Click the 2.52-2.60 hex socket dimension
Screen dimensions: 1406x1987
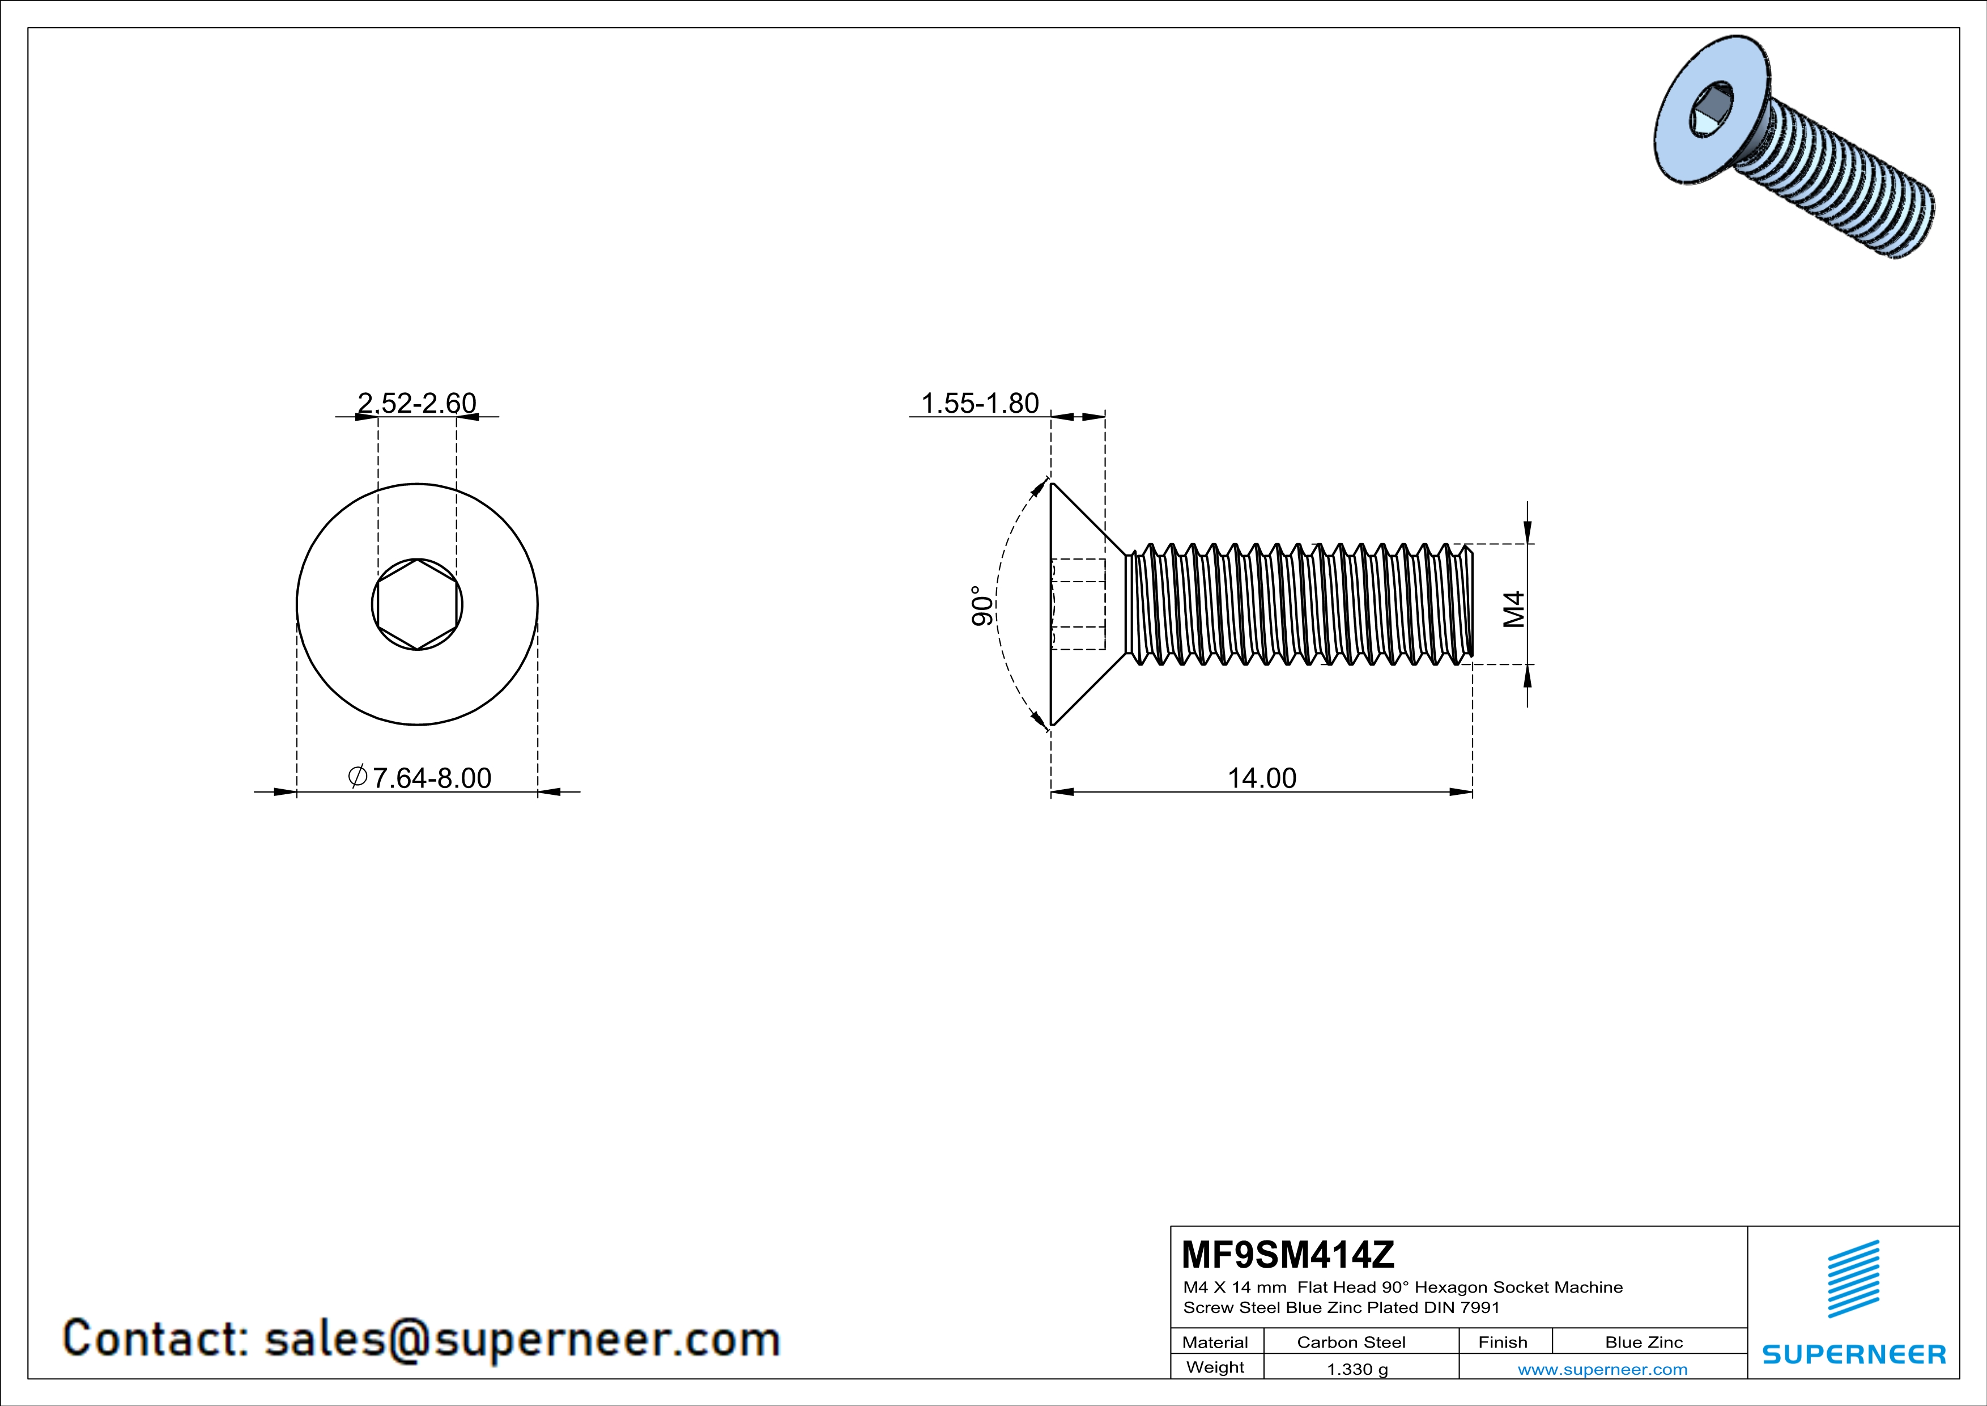pyautogui.click(x=416, y=404)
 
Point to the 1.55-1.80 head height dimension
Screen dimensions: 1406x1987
pyautogui.click(x=980, y=404)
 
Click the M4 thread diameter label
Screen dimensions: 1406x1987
pyautogui.click(x=1513, y=609)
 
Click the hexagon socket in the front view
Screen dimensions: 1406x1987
pyautogui.click(x=417, y=604)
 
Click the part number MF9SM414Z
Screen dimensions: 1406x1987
pyautogui.click(x=1288, y=1255)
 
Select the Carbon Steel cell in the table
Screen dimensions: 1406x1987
pyautogui.click(x=1351, y=1342)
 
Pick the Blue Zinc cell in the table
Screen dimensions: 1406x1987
pyautogui.click(x=1644, y=1342)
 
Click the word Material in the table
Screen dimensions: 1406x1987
pyautogui.click(x=1215, y=1342)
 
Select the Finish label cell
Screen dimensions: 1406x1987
pyautogui.click(x=1503, y=1342)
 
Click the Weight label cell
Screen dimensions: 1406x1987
pyautogui.click(x=1215, y=1367)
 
